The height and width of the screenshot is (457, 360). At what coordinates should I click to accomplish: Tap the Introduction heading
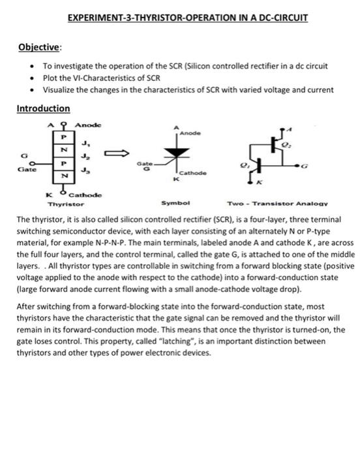coord(43,108)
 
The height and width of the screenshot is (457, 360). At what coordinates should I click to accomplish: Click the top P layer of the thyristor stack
coord(63,138)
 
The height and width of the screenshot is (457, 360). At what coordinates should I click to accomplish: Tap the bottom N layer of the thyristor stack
coord(63,176)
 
